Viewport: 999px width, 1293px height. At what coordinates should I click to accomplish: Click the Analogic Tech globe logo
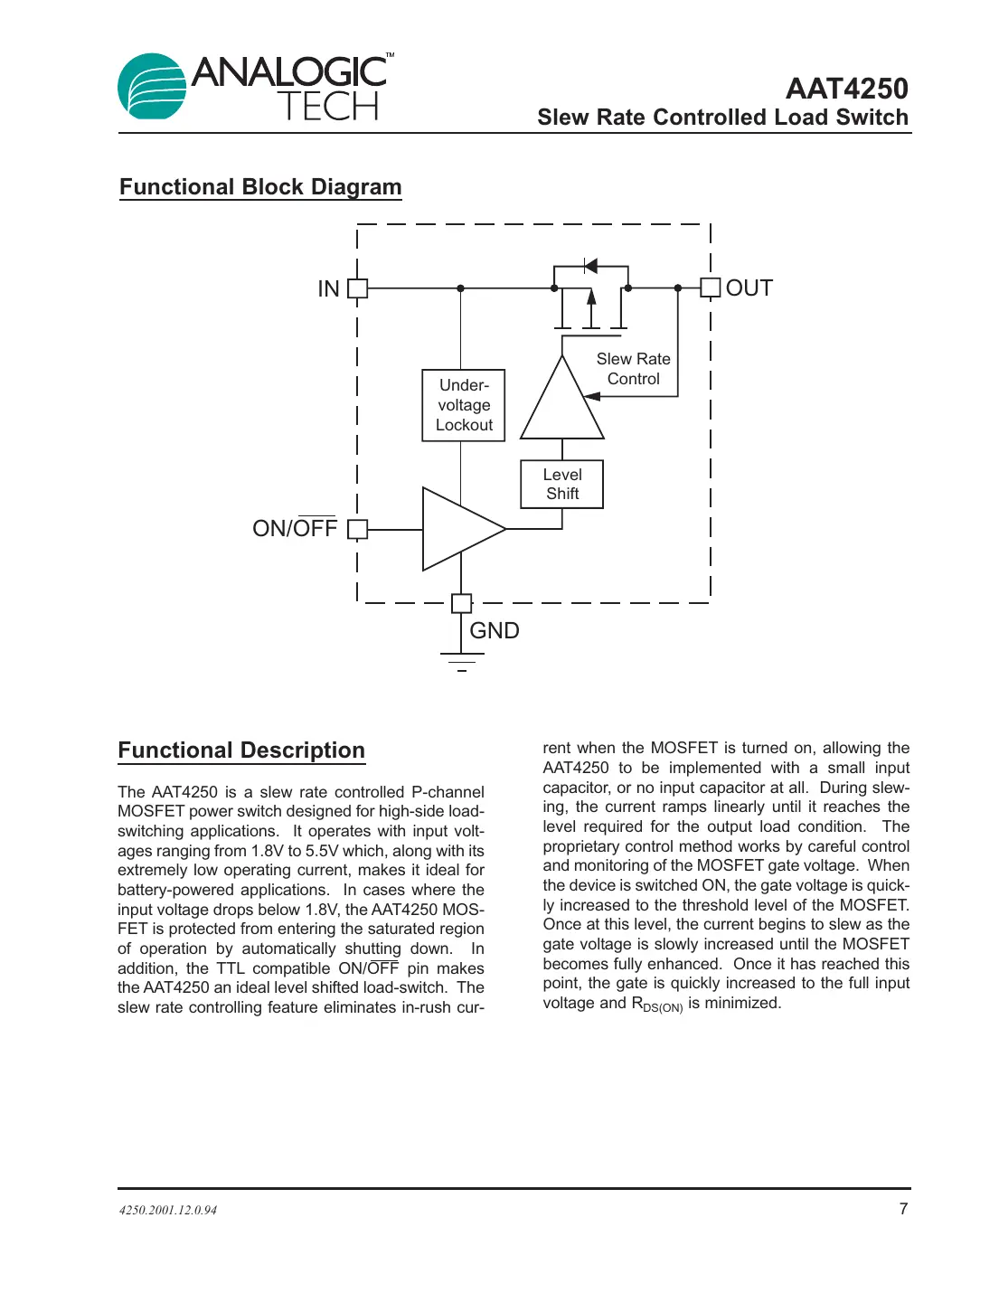pyautogui.click(x=152, y=87)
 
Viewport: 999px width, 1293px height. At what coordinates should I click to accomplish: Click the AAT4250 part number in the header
pyautogui.click(x=846, y=89)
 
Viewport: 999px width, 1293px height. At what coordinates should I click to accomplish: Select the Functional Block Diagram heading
pyautogui.click(x=260, y=187)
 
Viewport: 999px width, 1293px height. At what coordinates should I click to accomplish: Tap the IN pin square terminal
pyautogui.click(x=358, y=288)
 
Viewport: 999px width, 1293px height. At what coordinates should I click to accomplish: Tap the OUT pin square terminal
pyautogui.click(x=711, y=288)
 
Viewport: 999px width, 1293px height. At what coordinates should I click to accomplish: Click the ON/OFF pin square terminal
pyautogui.click(x=358, y=529)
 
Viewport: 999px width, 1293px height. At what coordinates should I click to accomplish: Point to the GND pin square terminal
pyautogui.click(x=461, y=603)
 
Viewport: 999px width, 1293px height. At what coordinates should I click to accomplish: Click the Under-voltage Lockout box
pyautogui.click(x=464, y=405)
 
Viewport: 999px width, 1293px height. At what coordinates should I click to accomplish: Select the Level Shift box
pyautogui.click(x=561, y=485)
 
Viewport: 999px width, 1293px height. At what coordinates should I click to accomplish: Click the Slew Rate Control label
pyautogui.click(x=633, y=369)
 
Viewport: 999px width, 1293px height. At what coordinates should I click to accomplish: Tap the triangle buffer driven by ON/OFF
pyautogui.click(x=459, y=529)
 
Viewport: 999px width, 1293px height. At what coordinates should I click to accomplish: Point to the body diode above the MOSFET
pyautogui.click(x=591, y=266)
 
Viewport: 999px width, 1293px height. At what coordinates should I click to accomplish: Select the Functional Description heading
pyautogui.click(x=241, y=750)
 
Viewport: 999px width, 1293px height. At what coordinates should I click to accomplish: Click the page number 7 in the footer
pyautogui.click(x=903, y=1209)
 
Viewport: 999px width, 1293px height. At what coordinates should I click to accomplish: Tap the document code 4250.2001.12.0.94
pyautogui.click(x=168, y=1210)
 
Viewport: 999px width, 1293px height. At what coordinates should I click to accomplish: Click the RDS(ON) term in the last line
pyautogui.click(x=656, y=1005)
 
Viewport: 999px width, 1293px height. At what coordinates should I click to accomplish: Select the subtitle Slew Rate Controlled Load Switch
pyautogui.click(x=722, y=118)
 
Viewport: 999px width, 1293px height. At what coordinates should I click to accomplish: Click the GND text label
pyautogui.click(x=495, y=631)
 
